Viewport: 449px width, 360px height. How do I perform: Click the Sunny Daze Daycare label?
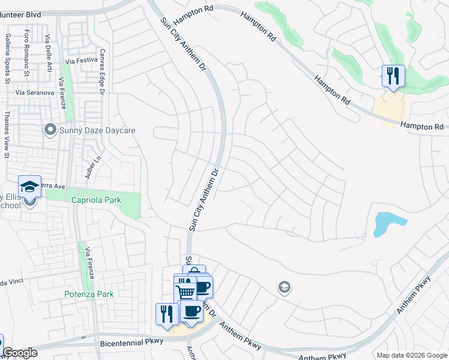pos(97,130)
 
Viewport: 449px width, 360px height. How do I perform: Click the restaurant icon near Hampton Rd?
pos(393,76)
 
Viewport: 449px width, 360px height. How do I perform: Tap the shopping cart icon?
pos(186,292)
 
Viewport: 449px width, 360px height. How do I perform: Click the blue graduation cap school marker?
pos(29,187)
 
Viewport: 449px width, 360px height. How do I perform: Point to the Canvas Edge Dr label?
pos(102,72)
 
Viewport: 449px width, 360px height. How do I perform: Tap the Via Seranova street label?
pos(35,93)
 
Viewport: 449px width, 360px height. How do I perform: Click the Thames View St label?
pos(7,134)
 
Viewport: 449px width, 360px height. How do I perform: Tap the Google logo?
pos(20,353)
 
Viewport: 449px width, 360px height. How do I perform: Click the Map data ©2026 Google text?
pos(411,355)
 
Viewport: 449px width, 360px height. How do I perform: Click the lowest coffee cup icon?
pos(191,311)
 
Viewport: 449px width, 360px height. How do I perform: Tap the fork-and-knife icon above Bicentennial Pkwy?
pos(167,313)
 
